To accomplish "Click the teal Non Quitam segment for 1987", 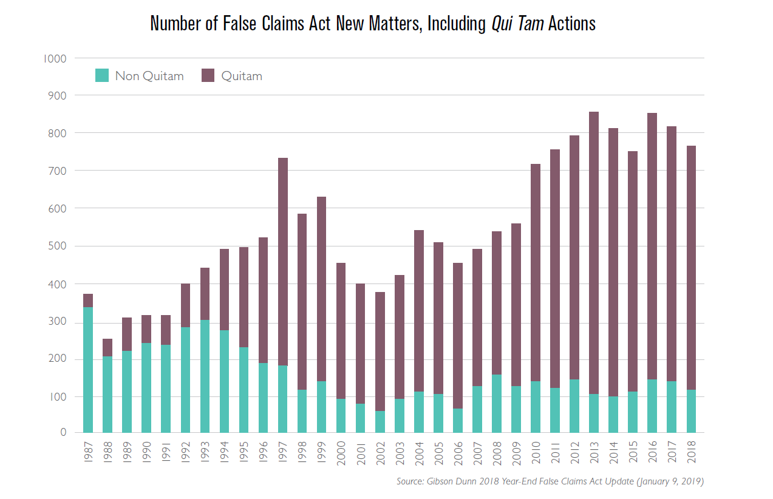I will tap(88, 370).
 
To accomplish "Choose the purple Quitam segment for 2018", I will tap(690, 268).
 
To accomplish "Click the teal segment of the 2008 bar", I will tap(496, 404).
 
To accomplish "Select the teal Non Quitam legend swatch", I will tap(103, 76).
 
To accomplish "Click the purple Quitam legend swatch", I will tap(208, 76).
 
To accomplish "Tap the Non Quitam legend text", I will tap(149, 76).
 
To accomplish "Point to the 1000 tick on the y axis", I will tap(54, 59).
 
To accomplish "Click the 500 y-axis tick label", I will tap(56, 246).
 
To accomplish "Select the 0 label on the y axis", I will tap(63, 432).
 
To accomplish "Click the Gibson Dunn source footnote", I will tap(550, 481).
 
